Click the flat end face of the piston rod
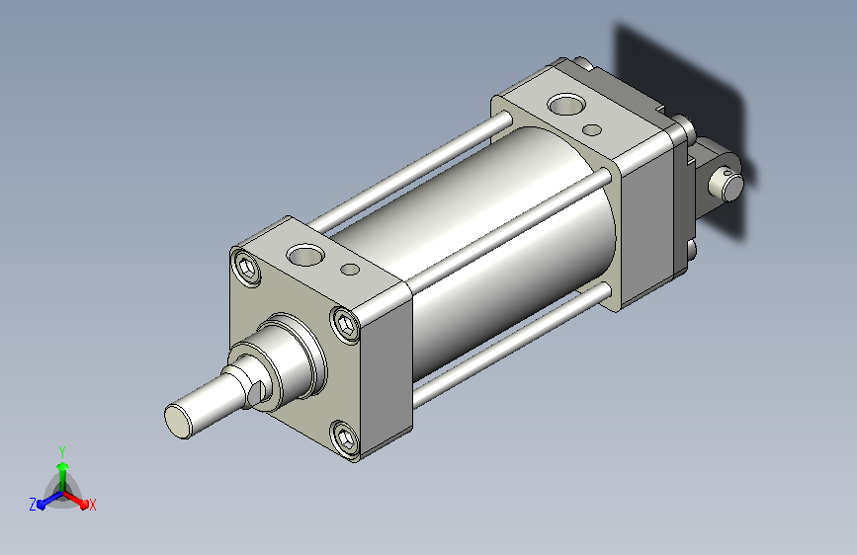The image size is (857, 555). coord(178,421)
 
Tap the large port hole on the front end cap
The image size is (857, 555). coord(305,255)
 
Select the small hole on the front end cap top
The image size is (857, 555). coord(350,270)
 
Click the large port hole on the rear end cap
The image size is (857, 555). coord(566,104)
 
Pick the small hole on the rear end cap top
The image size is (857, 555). coord(592,130)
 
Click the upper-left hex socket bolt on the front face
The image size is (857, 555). coord(246,268)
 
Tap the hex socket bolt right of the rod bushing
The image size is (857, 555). coord(345,325)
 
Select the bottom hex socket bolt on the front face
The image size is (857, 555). coord(345,438)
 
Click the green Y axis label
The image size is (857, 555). coord(62,452)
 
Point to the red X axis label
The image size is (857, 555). coord(92,506)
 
